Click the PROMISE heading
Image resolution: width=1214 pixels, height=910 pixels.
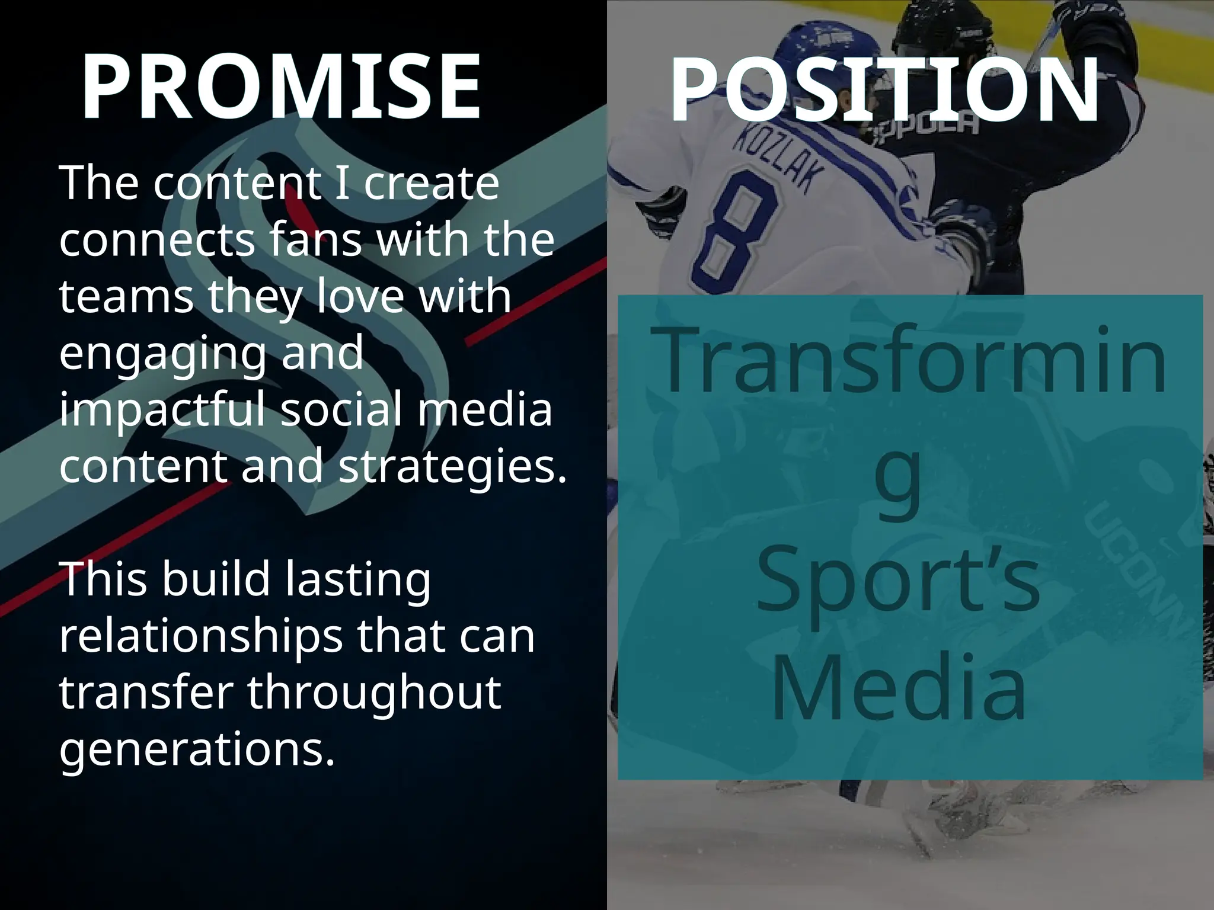pos(280,87)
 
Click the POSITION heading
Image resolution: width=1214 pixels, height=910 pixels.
pos(884,90)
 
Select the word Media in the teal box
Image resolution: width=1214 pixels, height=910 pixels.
pos(898,687)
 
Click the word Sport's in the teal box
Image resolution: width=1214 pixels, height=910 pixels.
pos(898,581)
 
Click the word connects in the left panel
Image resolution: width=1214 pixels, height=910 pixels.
pos(157,240)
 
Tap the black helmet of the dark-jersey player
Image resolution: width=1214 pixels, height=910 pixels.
pos(943,30)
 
